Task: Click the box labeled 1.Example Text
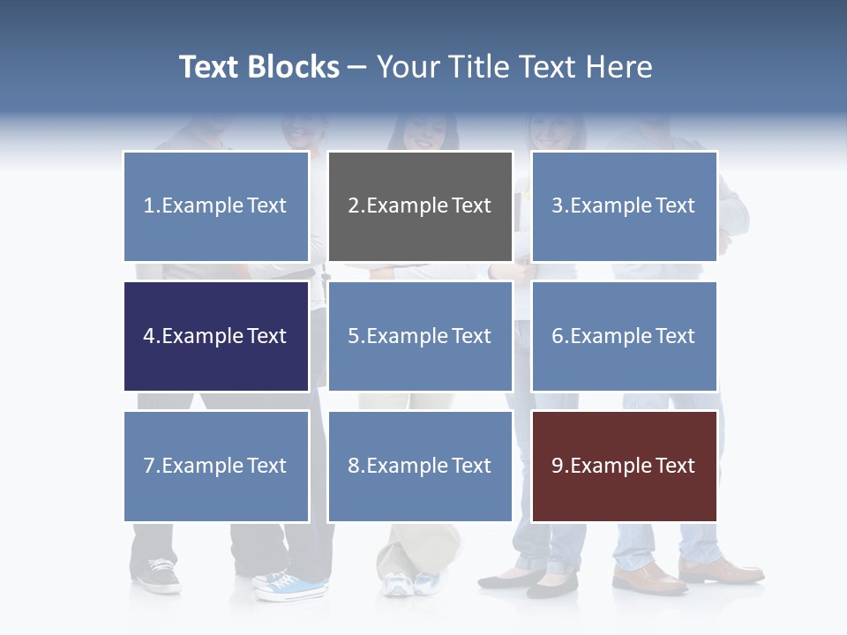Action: click(x=216, y=206)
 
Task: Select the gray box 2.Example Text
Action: click(x=420, y=206)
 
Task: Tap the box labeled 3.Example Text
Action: click(x=624, y=206)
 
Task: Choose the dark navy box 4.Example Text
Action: click(x=216, y=336)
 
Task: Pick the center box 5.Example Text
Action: click(x=420, y=336)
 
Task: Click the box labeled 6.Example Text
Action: click(x=624, y=336)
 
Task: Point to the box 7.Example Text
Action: click(x=216, y=466)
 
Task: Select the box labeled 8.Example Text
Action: click(x=420, y=466)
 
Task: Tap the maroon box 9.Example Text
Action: click(x=624, y=466)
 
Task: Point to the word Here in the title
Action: click(x=618, y=67)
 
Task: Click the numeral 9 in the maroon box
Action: click(x=558, y=466)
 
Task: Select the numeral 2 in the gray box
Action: click(x=353, y=206)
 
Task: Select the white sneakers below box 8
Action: click(x=410, y=582)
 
